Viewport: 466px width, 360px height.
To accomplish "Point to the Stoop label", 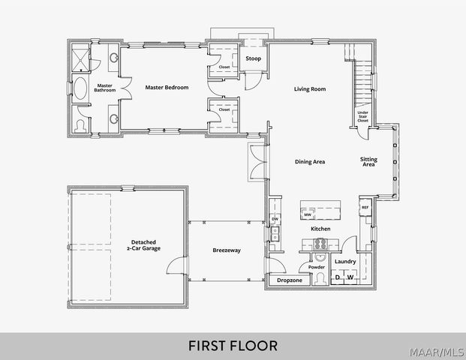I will pyautogui.click(x=253, y=58).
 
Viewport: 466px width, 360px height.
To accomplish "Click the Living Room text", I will pyautogui.click(x=309, y=89).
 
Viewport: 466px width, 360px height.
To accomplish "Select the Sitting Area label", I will pyautogui.click(x=368, y=162).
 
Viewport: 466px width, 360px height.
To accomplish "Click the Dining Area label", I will pyautogui.click(x=309, y=161).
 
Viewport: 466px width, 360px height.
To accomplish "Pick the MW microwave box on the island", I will pyautogui.click(x=308, y=214).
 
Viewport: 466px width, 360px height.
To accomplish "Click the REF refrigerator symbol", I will pyautogui.click(x=365, y=208).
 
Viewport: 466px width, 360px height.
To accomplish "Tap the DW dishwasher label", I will pyautogui.click(x=275, y=219).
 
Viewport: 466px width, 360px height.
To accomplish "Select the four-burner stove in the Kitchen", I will pyautogui.click(x=320, y=243).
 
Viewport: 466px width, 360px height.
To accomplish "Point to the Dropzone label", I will pyautogui.click(x=289, y=280).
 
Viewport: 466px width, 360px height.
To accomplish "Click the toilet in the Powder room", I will pyautogui.click(x=316, y=278).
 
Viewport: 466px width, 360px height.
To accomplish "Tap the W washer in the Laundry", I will pyautogui.click(x=350, y=277).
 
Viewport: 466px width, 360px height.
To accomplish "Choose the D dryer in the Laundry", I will pyautogui.click(x=337, y=277).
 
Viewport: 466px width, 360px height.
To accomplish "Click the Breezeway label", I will pyautogui.click(x=226, y=250).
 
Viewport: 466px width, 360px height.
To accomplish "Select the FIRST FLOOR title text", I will pyautogui.click(x=233, y=346).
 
